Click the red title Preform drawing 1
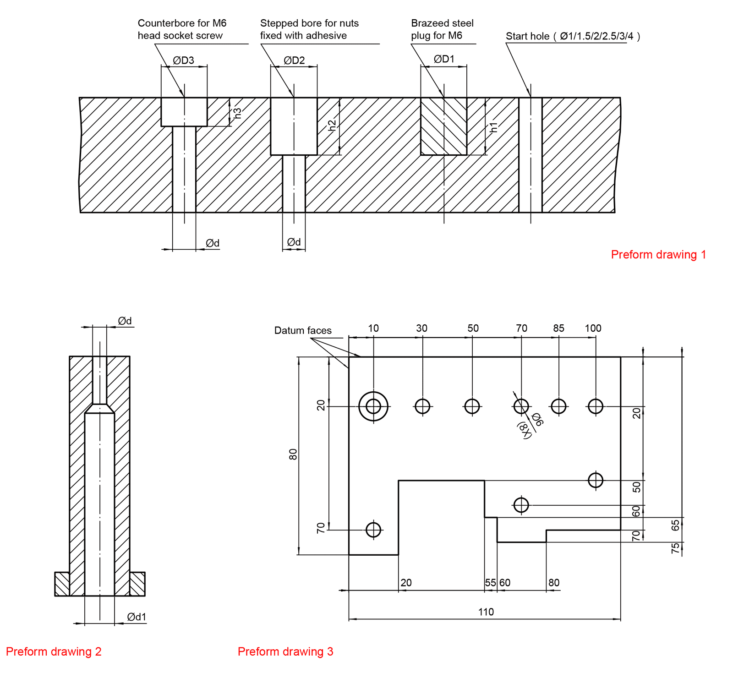[658, 255]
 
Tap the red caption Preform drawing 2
[54, 651]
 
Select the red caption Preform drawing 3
[285, 651]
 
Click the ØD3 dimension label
[183, 60]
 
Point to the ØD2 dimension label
[294, 60]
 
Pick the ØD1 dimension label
[444, 59]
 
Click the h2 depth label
[333, 125]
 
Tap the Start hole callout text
[572, 36]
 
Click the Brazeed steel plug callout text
[442, 29]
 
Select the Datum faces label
[303, 330]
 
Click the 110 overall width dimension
[486, 612]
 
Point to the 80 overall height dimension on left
[293, 454]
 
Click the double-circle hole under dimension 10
[373, 406]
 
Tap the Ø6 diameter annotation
[537, 419]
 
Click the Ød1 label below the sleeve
[137, 617]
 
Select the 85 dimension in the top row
[558, 328]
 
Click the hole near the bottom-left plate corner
[373, 530]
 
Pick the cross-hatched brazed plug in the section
[443, 126]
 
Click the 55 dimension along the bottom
[490, 583]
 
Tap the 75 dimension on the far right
[675, 548]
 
